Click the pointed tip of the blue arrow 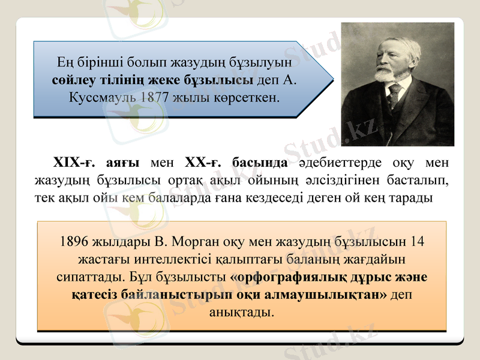[332, 79]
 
